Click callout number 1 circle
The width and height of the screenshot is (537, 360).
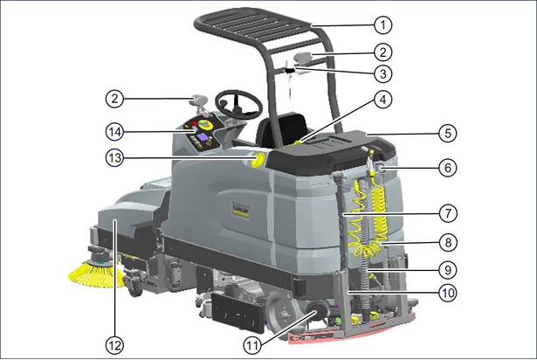point(383,25)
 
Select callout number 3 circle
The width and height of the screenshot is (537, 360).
point(383,73)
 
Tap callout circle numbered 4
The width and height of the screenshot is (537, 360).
point(383,100)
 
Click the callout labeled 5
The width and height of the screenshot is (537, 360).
point(448,133)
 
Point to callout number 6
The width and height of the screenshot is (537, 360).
point(448,168)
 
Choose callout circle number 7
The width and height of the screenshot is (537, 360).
point(448,213)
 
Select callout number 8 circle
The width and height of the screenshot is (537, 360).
point(448,242)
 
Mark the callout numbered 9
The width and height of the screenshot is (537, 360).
point(448,270)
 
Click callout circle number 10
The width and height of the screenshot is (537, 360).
point(448,293)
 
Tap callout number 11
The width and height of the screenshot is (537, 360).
point(252,345)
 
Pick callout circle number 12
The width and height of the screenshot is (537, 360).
point(114,345)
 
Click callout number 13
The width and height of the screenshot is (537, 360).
point(114,158)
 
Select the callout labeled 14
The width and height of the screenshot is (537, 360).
point(114,132)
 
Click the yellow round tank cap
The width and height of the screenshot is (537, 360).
point(258,159)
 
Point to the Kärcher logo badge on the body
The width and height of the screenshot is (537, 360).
point(240,209)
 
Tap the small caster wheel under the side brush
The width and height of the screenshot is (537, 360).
point(134,288)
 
